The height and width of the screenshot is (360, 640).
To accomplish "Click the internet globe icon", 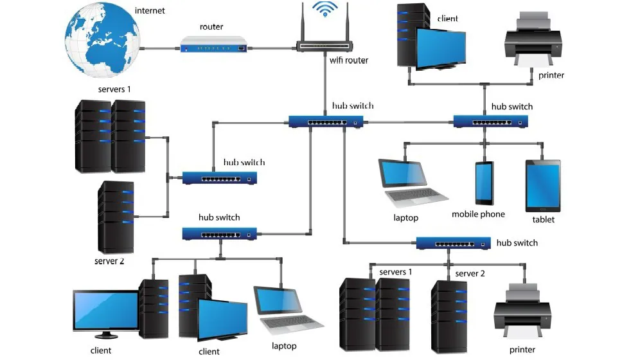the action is coord(102,40).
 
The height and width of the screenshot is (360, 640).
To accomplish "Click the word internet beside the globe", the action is coord(150,11).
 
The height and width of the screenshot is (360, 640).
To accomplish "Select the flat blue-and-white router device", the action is coord(214,44).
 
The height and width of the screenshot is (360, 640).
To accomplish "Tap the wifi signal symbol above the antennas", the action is coord(325,8).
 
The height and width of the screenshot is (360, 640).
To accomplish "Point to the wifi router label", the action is coord(349,60).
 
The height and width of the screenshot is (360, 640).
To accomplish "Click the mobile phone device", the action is coord(484,183).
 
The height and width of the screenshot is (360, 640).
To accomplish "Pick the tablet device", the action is coord(543,186).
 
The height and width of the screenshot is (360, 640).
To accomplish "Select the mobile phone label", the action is coord(478,214).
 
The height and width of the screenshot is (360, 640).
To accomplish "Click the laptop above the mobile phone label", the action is coord(413,183).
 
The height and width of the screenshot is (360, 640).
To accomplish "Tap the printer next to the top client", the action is coord(533,39).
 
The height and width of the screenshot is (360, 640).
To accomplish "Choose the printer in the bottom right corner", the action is coord(522,311).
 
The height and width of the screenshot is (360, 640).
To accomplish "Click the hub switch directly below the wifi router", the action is coord(326,122).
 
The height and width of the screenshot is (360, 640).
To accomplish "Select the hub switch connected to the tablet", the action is coord(491,122).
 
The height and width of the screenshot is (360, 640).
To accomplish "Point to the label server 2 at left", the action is coord(109,261).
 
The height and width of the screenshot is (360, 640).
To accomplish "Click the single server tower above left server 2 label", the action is coord(116,217).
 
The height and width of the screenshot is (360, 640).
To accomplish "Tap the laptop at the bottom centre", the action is coord(288,310).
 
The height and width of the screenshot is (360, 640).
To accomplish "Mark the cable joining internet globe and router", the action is coord(161,49).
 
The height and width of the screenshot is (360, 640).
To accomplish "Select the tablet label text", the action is coord(543,220).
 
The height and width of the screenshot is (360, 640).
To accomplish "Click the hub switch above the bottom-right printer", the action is coord(454,243).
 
